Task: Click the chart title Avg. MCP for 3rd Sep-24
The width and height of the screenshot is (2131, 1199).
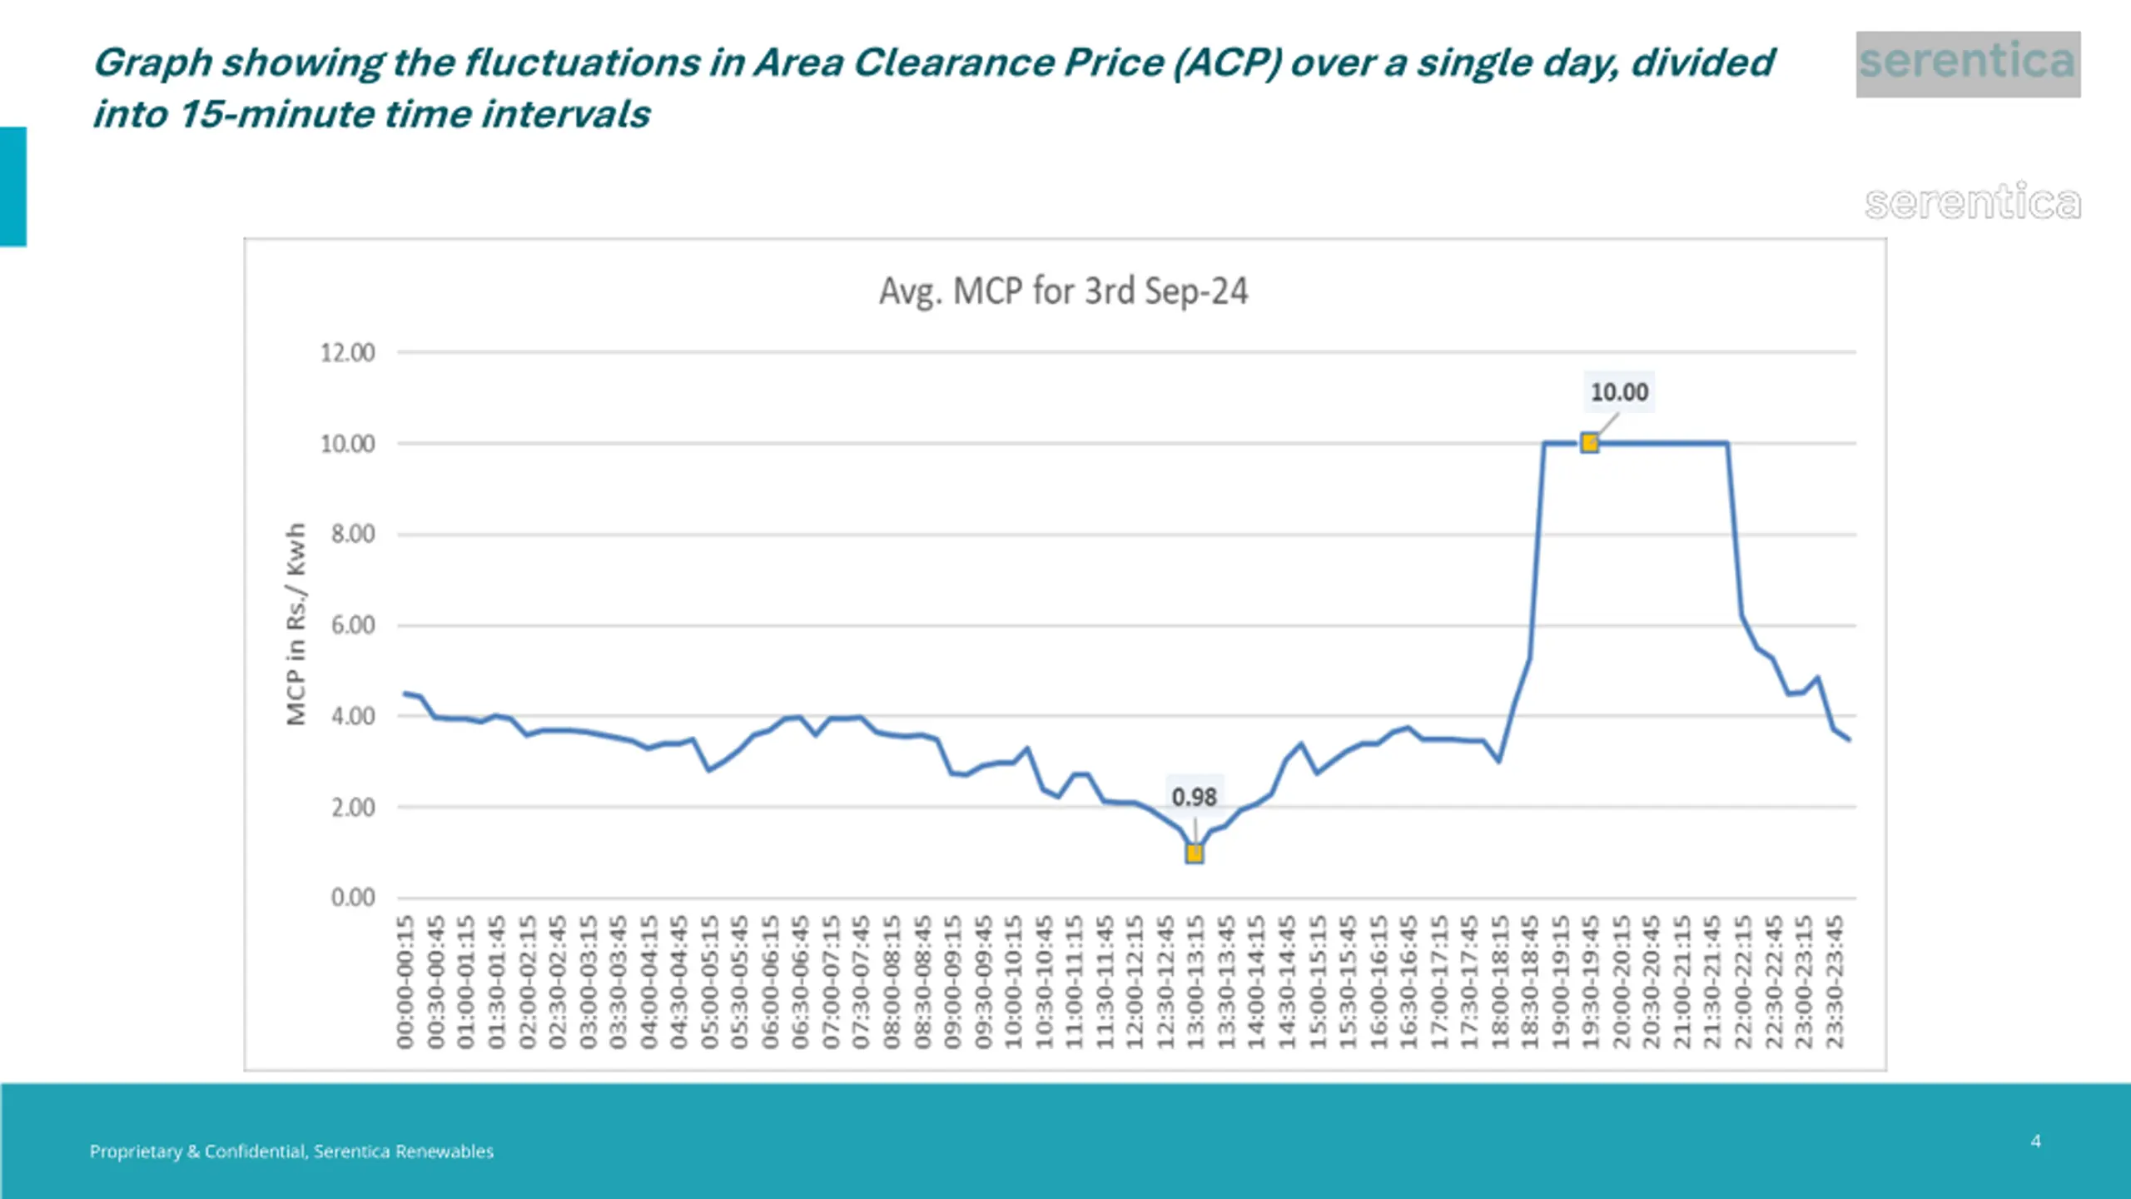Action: pyautogui.click(x=1063, y=291)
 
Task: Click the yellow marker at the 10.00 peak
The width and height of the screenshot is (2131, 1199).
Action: pyautogui.click(x=1589, y=443)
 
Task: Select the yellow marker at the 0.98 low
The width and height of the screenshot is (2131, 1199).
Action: pyautogui.click(x=1194, y=853)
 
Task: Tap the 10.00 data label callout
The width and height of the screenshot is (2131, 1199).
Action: pyautogui.click(x=1619, y=392)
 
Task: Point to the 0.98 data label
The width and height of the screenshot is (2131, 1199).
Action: pyautogui.click(x=1194, y=797)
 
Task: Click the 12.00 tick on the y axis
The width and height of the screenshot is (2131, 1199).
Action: pyautogui.click(x=348, y=353)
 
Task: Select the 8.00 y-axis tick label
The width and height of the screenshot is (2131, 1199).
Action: pyautogui.click(x=353, y=534)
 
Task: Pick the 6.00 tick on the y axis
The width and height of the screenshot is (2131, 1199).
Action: pyautogui.click(x=353, y=625)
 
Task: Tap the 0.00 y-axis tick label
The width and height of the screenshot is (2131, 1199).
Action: pyautogui.click(x=353, y=898)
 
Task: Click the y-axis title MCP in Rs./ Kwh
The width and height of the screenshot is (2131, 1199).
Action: pyautogui.click(x=296, y=624)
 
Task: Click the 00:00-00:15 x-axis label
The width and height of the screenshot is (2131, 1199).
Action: pyautogui.click(x=405, y=983)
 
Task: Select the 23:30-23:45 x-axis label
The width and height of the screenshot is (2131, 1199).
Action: pyautogui.click(x=1834, y=983)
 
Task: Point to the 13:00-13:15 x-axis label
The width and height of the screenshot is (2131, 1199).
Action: pyautogui.click(x=1195, y=983)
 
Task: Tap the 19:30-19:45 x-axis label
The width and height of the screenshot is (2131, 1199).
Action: pyautogui.click(x=1591, y=983)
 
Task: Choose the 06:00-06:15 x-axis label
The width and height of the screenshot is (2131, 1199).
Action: pyautogui.click(x=770, y=983)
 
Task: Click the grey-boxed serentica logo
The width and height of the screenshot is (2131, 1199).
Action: pyautogui.click(x=1968, y=63)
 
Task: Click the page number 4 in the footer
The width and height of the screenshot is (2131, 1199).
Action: pyautogui.click(x=2035, y=1142)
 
